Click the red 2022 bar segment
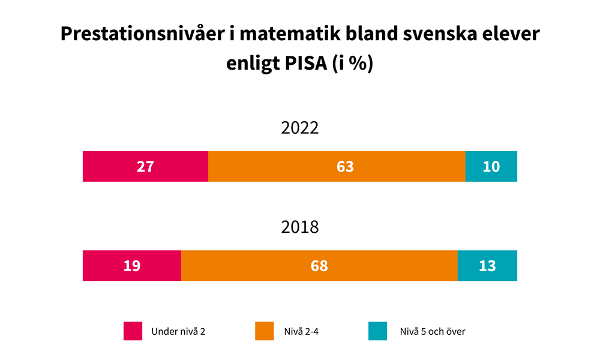point(114,166)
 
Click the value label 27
point(145,167)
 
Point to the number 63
point(345,167)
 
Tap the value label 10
point(491,167)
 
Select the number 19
point(132,266)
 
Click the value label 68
point(319,266)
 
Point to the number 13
point(487,266)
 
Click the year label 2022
point(300,129)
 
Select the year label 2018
point(300,228)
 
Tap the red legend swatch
point(133,331)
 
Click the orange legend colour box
point(265,331)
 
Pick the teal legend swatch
point(377,331)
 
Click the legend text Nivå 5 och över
point(433,331)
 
